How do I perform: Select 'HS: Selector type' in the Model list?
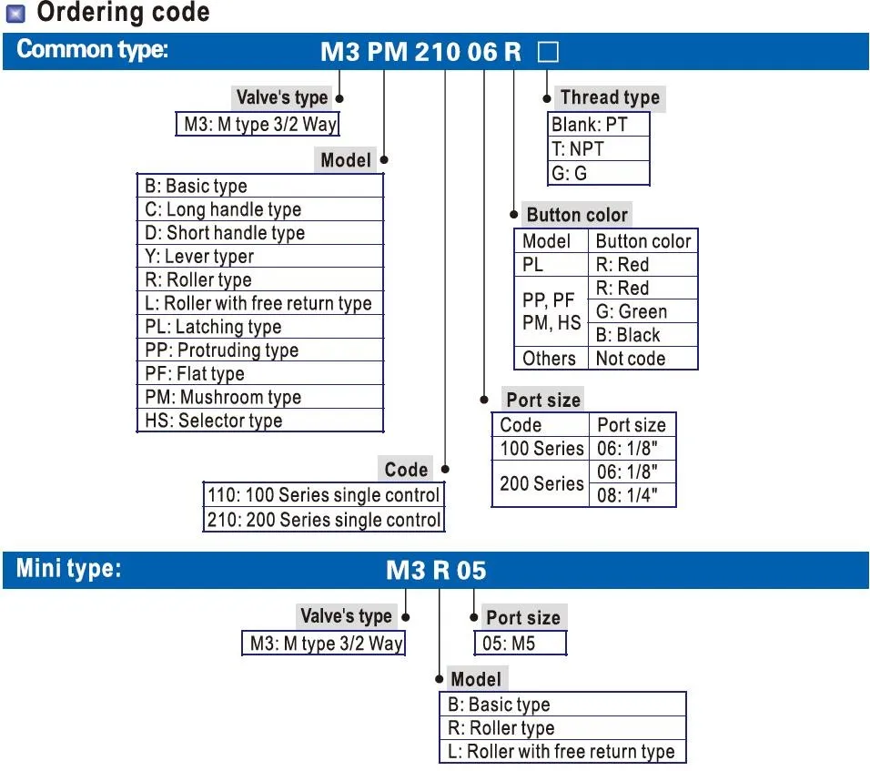click(x=214, y=421)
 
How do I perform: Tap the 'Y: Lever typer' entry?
click(x=199, y=257)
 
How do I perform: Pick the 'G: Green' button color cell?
click(x=632, y=311)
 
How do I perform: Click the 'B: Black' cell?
click(x=628, y=335)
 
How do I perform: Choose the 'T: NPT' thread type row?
click(x=578, y=148)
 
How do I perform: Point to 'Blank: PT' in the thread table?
click(x=590, y=125)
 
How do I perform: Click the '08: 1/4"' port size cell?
click(x=626, y=495)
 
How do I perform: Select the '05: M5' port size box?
click(x=510, y=644)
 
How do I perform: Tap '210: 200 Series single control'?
click(x=324, y=520)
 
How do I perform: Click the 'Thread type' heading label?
click(x=610, y=97)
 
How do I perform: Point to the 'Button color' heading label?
click(x=577, y=215)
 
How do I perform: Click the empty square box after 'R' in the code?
click(x=548, y=51)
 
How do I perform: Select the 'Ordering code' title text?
click(x=123, y=13)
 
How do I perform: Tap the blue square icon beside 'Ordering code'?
click(x=15, y=14)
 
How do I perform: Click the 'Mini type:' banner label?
click(x=68, y=569)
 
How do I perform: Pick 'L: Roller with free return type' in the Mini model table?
click(x=561, y=751)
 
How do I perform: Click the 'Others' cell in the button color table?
click(x=549, y=359)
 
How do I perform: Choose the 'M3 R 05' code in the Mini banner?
click(x=436, y=571)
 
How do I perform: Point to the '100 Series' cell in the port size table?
click(x=541, y=448)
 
